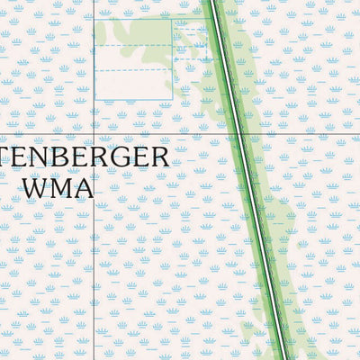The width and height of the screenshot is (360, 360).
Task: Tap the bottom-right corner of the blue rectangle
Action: coord(172,100)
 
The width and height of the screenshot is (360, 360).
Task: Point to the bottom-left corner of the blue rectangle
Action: coord(94,100)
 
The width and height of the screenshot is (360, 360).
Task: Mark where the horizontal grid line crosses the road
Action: coord(241,135)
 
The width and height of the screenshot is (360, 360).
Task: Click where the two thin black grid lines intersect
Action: coord(94,135)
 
